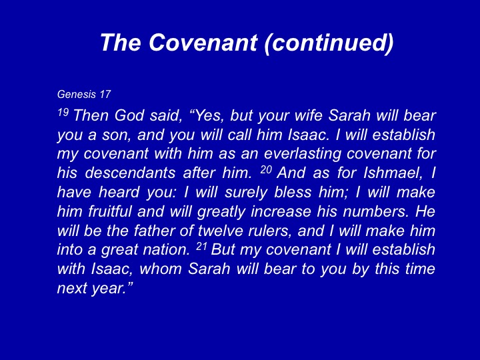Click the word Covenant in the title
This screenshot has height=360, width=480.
(x=203, y=42)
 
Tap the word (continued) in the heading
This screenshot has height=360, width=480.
(x=329, y=43)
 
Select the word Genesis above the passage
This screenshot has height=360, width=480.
(x=77, y=94)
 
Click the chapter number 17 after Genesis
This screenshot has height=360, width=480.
(x=105, y=94)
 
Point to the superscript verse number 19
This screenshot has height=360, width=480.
(x=63, y=113)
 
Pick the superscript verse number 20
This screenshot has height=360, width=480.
(x=266, y=169)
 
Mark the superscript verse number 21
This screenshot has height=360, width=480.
(x=201, y=247)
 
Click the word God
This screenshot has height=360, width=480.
(x=129, y=115)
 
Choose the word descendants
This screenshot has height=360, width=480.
(x=130, y=173)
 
